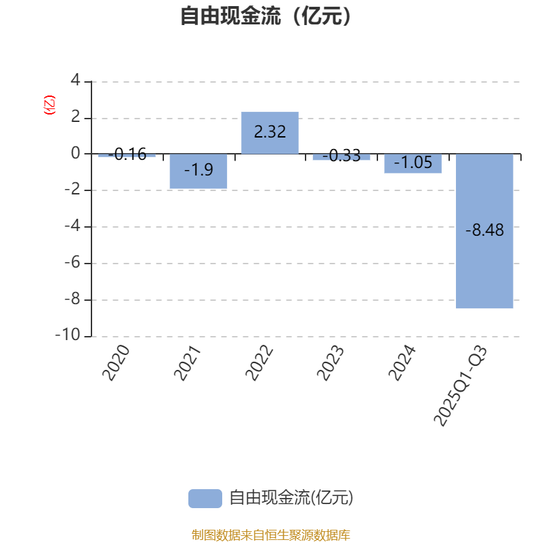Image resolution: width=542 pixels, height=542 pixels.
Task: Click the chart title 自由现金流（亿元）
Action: [x=266, y=16]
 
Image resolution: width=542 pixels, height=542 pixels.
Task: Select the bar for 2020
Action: [x=127, y=156]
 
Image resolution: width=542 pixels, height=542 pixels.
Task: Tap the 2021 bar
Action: [x=199, y=171]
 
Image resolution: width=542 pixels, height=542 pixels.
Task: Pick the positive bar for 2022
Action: [x=270, y=133]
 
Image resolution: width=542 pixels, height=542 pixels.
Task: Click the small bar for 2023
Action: [x=341, y=157]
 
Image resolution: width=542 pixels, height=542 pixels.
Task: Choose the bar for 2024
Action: [x=413, y=163]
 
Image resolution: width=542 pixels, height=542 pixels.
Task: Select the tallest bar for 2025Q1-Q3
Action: [x=484, y=231]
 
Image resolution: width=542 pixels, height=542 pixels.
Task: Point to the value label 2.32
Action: [x=270, y=132]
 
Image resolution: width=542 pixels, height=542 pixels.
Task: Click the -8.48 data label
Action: [x=484, y=230]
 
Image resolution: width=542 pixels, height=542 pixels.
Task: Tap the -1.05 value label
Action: [x=413, y=163]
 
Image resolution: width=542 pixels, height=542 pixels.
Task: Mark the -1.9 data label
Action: [x=199, y=170]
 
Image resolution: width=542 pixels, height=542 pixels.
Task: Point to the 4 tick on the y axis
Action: [x=75, y=81]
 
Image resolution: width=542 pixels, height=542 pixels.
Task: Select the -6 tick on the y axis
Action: [x=72, y=264]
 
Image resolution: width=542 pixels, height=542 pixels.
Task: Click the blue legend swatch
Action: [x=205, y=498]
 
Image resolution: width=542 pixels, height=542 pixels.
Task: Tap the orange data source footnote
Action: [x=270, y=535]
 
